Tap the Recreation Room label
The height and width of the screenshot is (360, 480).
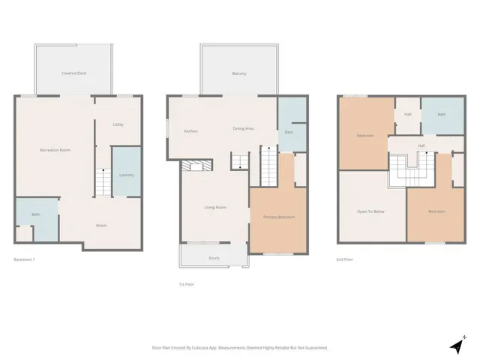[x=55, y=151]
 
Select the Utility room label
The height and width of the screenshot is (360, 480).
[x=118, y=124]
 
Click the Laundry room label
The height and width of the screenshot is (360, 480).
[x=126, y=175]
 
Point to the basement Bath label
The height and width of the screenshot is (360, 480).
[x=35, y=215]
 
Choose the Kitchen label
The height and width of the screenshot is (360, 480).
[x=190, y=131]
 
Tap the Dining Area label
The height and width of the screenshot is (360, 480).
[x=243, y=129]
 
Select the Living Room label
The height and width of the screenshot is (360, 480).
[x=215, y=208]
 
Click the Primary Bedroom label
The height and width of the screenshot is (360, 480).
[x=278, y=217]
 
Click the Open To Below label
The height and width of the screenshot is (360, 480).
[x=370, y=212]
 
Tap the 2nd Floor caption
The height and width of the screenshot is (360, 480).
[x=344, y=259]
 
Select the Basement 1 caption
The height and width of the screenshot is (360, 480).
[x=25, y=259]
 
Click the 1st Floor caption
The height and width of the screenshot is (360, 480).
[x=187, y=284]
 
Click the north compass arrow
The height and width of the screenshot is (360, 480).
[x=457, y=345]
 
